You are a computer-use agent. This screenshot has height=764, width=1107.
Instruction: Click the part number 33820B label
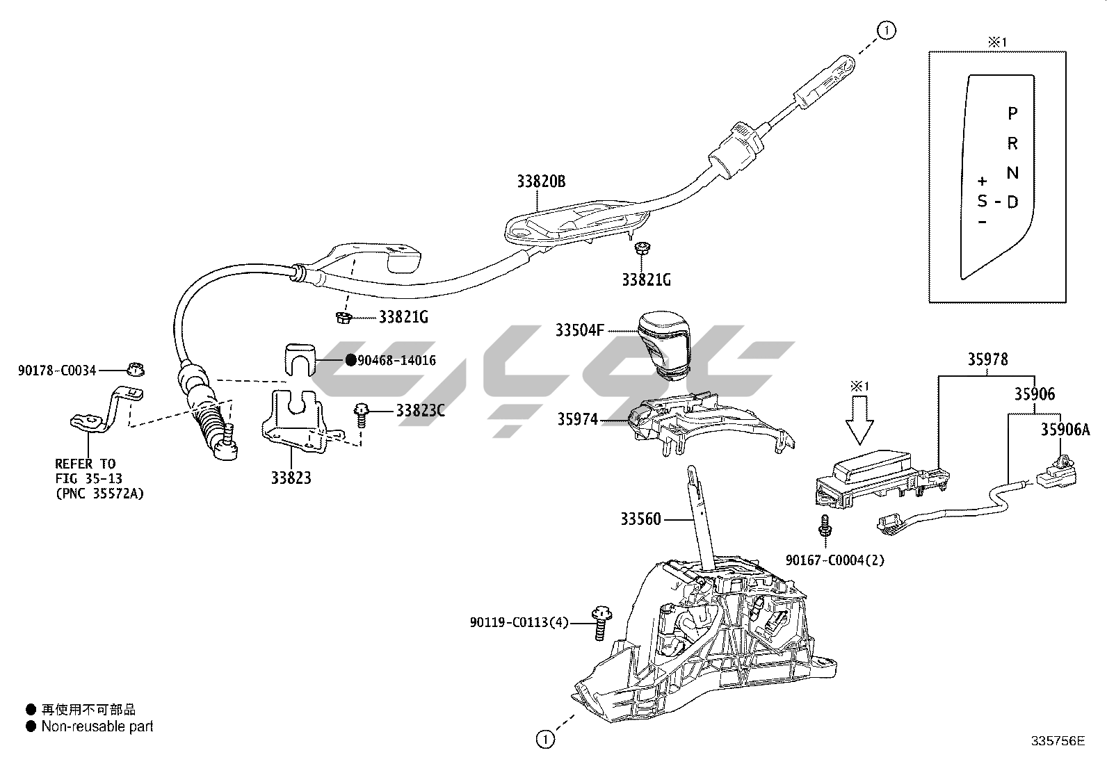tap(541, 182)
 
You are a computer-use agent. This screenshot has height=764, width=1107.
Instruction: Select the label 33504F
tap(579, 330)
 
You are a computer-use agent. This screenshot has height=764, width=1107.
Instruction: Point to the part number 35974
tap(576, 419)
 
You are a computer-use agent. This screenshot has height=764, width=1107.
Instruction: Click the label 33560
tap(640, 519)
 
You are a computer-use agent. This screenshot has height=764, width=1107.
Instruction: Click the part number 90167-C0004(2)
tap(834, 560)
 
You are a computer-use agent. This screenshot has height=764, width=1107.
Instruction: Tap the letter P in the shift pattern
tap(1012, 113)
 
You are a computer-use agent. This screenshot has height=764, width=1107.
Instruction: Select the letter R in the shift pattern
tap(1012, 144)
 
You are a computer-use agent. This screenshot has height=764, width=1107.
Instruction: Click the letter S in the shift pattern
tap(982, 202)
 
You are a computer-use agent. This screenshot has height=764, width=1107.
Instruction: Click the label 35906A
tap(1065, 430)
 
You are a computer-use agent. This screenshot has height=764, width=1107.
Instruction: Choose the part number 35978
tap(987, 359)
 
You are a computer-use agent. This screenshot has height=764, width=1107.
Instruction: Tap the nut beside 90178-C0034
tap(133, 369)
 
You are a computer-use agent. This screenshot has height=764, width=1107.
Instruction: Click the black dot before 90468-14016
tap(350, 360)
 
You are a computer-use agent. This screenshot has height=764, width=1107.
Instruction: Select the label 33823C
tap(420, 411)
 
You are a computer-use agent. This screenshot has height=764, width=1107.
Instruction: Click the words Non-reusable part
tap(97, 727)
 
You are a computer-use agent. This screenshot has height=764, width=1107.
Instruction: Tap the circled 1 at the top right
tap(887, 30)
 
